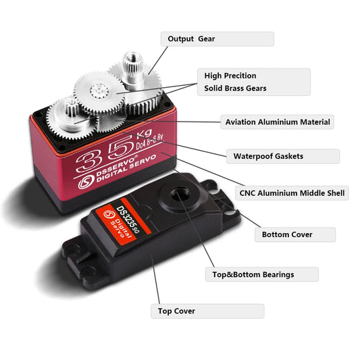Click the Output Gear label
217,39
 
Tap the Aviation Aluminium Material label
277,122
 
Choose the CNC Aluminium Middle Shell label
292,192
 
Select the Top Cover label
207,311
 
